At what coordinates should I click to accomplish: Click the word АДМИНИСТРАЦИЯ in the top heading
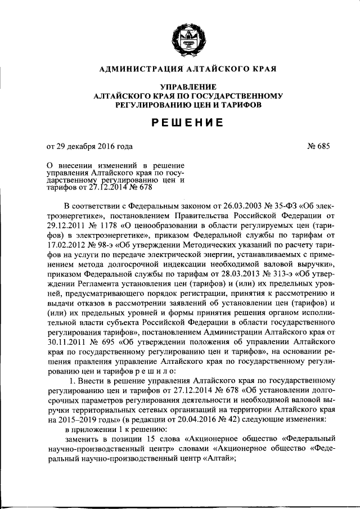[134, 70]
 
